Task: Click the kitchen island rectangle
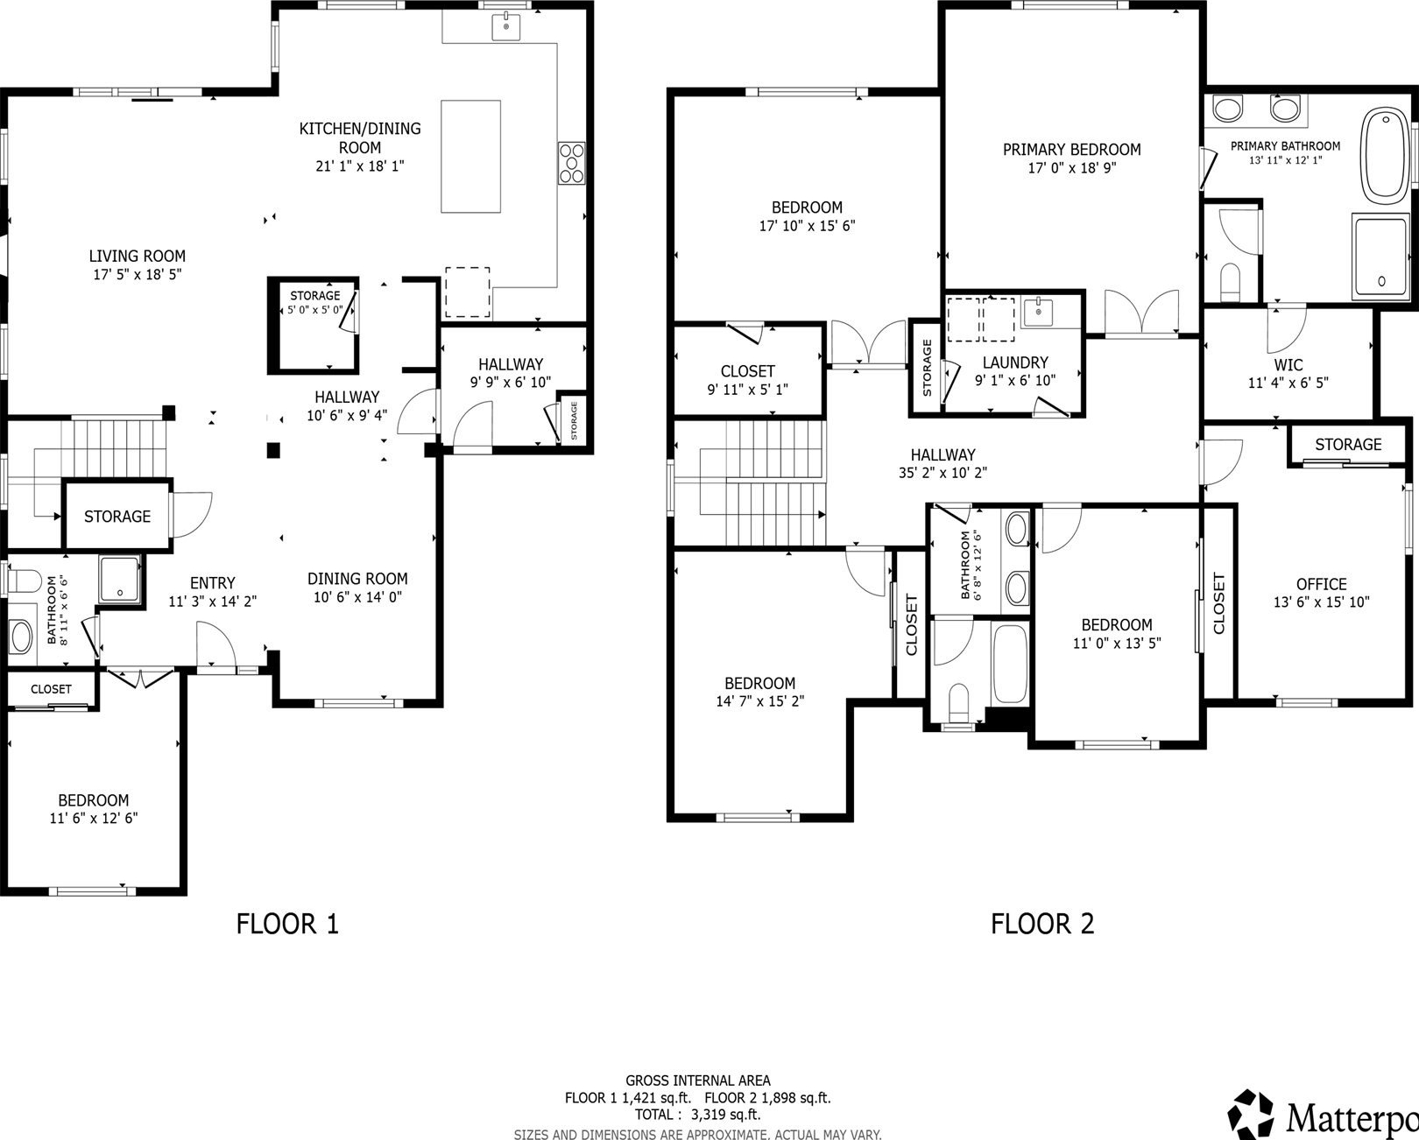tap(470, 156)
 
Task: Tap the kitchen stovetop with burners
tap(572, 162)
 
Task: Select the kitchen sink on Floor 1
tap(505, 26)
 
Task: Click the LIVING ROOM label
tap(138, 256)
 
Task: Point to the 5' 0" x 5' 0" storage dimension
tap(314, 309)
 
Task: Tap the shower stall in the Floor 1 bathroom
tap(119, 579)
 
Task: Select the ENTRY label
tap(212, 583)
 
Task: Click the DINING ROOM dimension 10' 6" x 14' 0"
tap(357, 597)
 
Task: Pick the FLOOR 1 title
tap(287, 924)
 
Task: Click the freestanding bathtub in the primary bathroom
tap(1386, 156)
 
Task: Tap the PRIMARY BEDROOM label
tap(1071, 150)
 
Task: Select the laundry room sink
tap(1037, 311)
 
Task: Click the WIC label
tap(1288, 364)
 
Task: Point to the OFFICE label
tap(1322, 584)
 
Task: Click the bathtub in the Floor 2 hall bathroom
tap(1010, 664)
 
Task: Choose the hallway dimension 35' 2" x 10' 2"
tap(942, 473)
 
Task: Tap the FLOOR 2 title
tap(1042, 924)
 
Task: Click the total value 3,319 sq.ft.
tap(725, 1115)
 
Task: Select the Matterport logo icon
tap(1250, 1114)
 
